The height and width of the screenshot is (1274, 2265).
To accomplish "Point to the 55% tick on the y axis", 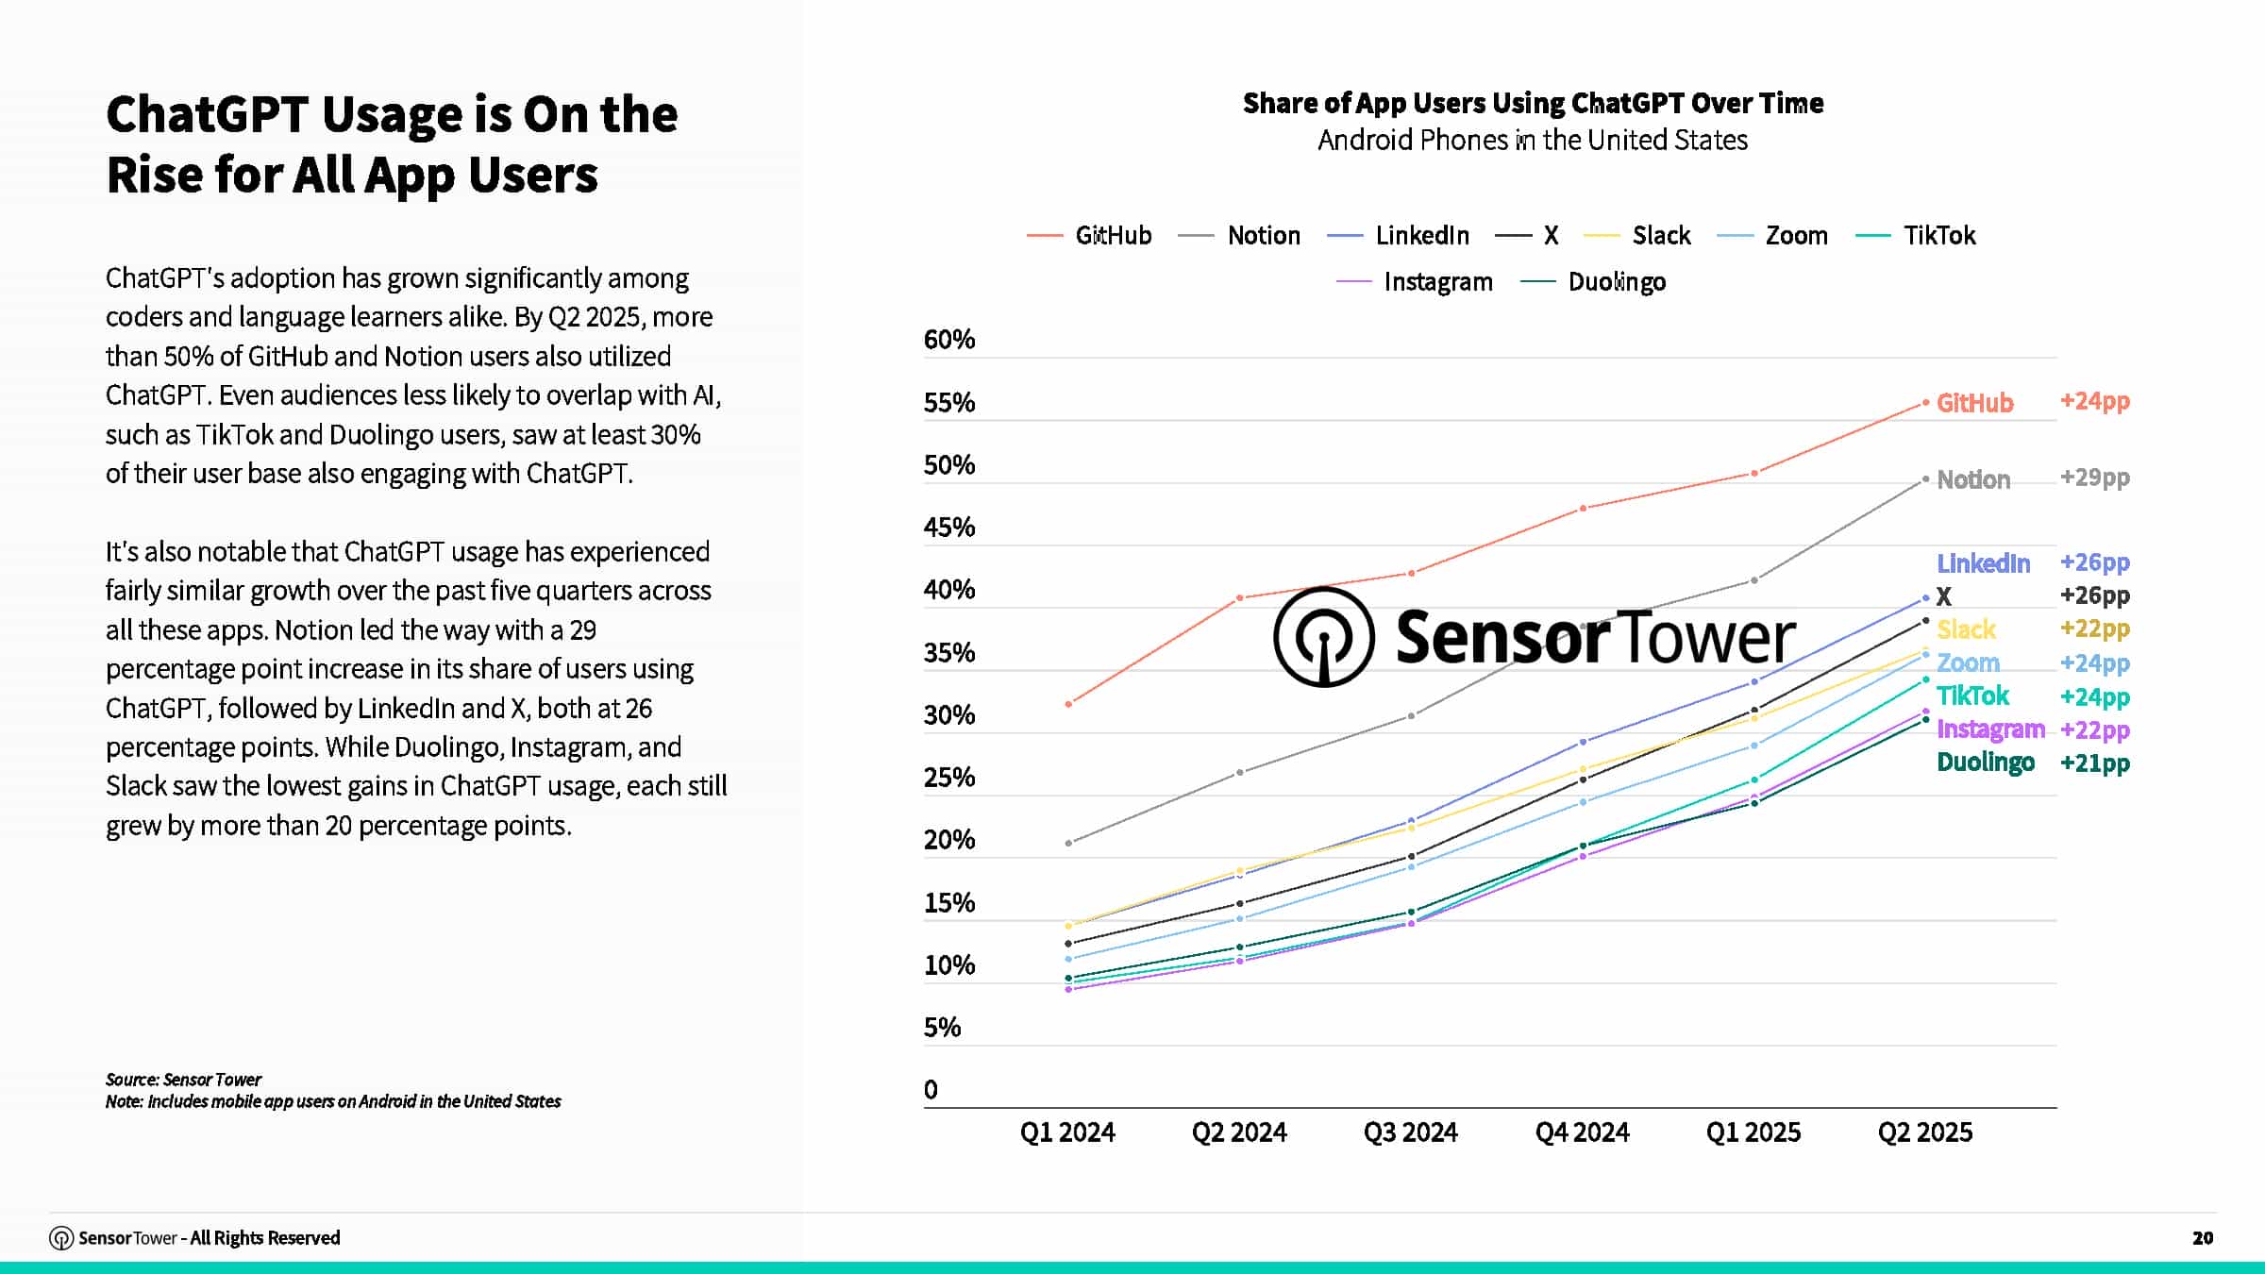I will (948, 403).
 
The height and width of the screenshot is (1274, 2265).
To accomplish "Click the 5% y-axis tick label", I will (942, 1028).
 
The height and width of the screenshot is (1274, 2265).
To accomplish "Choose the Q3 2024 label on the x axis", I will (1410, 1132).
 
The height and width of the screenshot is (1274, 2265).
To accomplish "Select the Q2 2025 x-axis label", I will (1924, 1132).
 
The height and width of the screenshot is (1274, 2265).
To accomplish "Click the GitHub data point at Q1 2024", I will (1068, 704).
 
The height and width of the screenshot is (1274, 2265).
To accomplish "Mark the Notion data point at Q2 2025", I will (1925, 479).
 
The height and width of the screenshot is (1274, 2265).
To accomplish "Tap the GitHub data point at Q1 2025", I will (1754, 473).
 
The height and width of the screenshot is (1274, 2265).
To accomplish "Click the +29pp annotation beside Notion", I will (2094, 478).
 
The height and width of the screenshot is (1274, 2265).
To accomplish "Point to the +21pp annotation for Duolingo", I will (2094, 763).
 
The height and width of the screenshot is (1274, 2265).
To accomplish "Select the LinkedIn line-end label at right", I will (1983, 563).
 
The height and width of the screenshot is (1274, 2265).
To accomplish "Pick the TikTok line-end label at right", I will (1972, 696).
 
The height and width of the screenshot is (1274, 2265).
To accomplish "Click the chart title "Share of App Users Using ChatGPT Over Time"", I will (1533, 103).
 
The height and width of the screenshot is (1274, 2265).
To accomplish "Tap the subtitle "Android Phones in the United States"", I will (1533, 141).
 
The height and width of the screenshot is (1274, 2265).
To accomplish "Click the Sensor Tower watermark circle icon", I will (1323, 636).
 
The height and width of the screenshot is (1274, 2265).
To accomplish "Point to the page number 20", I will (2202, 1237).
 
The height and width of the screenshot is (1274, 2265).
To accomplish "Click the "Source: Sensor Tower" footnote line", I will (183, 1079).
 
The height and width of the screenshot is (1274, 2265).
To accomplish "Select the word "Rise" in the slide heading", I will (154, 175).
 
